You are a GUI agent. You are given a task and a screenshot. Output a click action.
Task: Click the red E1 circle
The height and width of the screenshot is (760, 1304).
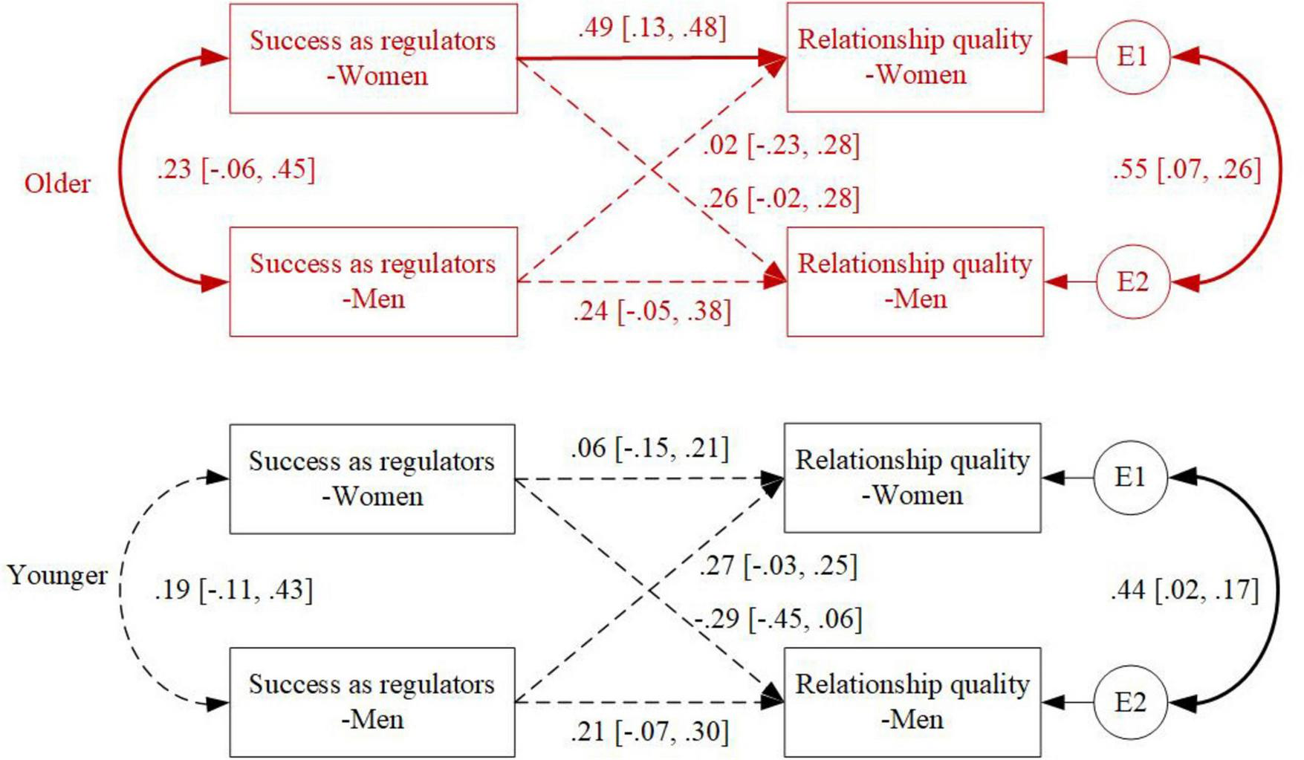point(1132,57)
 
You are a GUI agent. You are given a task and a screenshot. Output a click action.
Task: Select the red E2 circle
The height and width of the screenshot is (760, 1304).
point(1132,282)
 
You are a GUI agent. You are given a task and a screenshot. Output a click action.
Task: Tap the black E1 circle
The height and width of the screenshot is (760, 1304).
point(1130,478)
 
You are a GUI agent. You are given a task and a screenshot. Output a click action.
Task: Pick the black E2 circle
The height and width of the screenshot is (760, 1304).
point(1130,703)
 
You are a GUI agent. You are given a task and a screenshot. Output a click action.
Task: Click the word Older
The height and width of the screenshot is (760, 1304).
point(57,183)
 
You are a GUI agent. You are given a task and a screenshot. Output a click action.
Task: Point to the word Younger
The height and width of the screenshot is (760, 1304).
point(57,576)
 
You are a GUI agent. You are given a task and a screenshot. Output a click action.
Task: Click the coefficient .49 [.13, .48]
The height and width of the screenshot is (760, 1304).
point(652,28)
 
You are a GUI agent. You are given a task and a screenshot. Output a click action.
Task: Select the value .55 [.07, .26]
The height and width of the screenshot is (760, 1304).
point(1187,169)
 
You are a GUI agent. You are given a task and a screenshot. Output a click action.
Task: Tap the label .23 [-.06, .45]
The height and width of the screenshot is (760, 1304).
point(236,169)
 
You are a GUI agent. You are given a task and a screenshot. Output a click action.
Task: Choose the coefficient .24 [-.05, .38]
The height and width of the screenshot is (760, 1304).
point(652,311)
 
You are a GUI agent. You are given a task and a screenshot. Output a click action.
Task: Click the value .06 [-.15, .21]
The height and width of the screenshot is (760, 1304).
point(649,449)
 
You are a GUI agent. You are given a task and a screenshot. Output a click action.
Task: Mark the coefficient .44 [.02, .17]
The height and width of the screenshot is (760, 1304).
point(1184,591)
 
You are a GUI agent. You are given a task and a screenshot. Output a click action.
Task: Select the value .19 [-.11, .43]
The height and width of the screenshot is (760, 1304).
point(233,591)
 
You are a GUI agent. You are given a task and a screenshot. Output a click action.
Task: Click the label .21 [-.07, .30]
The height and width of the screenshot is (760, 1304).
point(649,733)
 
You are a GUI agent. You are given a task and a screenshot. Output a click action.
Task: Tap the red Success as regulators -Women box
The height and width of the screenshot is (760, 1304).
point(373,59)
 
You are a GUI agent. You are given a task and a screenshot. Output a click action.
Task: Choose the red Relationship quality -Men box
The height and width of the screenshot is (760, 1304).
point(915,282)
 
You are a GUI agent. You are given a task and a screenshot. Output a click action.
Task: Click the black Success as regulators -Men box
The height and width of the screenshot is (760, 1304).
point(372,702)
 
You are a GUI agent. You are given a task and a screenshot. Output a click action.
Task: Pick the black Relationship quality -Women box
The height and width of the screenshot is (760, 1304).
point(912,478)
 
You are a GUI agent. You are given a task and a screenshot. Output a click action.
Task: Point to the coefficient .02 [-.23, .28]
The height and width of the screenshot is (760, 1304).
point(781,145)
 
